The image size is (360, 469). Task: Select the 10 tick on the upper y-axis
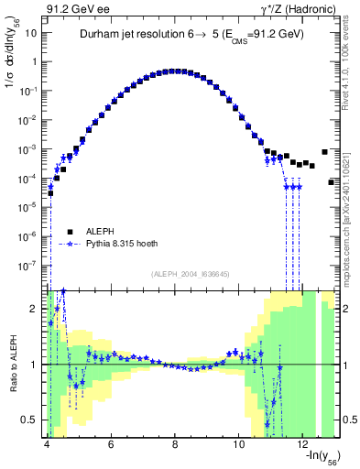[x=31, y=33]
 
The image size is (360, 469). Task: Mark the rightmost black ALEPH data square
[x=332, y=182]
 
